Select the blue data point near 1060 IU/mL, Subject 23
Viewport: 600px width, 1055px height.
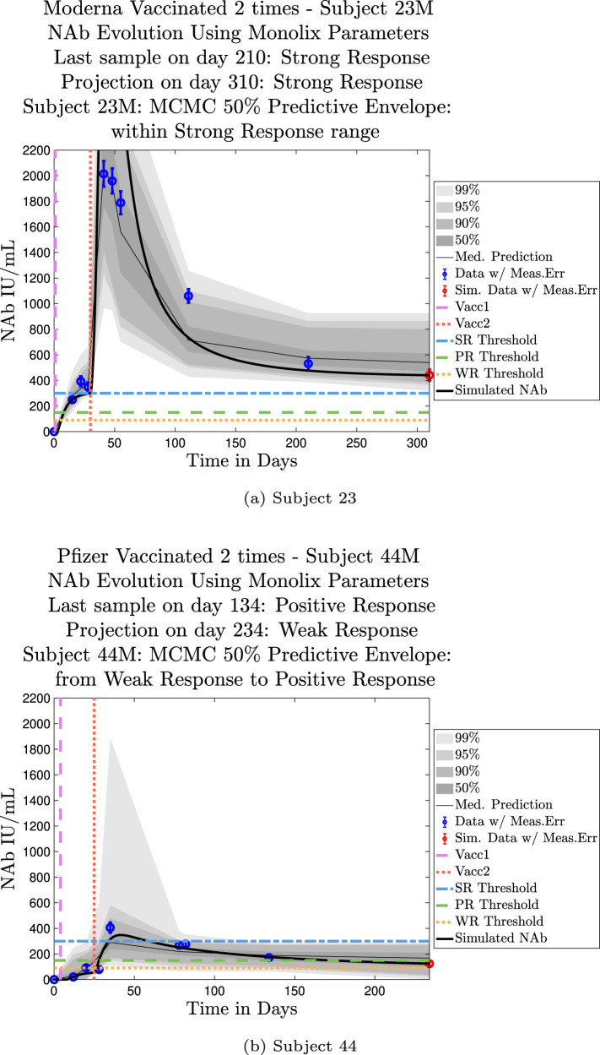[x=188, y=296]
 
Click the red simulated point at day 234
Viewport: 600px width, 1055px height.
[x=429, y=963]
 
